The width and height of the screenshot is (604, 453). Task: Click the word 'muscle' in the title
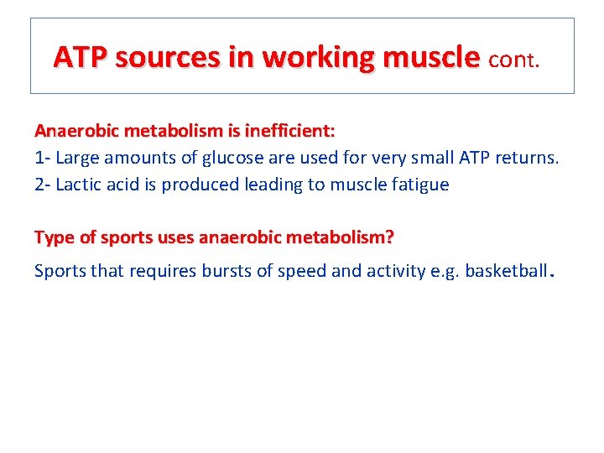(431, 58)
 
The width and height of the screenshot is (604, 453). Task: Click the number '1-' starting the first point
(43, 158)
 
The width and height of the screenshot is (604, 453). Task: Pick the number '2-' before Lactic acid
(44, 185)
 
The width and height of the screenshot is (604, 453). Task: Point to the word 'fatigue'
(419, 185)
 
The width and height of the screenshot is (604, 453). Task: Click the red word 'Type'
(54, 237)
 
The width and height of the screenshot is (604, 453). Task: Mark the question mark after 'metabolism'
(388, 237)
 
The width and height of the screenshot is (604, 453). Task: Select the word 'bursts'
(229, 272)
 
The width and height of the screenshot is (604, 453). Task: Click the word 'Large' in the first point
(79, 158)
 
